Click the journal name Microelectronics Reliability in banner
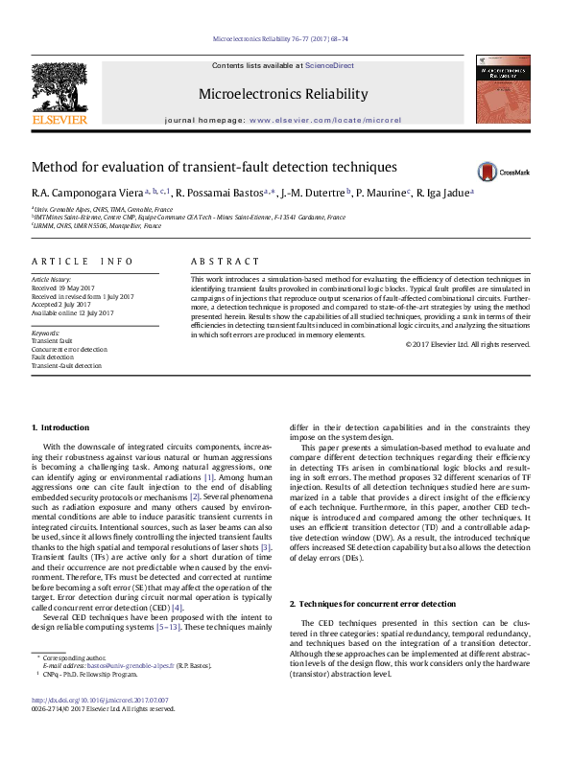coord(282,94)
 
